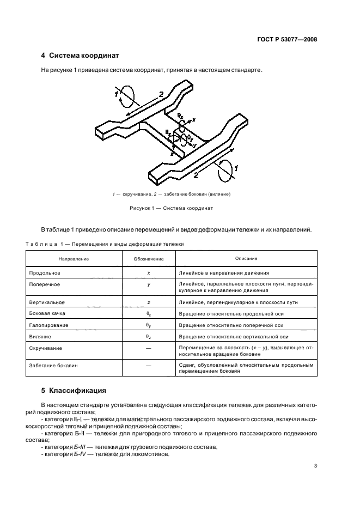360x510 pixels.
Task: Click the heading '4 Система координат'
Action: pyautogui.click(x=80, y=56)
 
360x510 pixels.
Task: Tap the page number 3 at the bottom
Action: pyautogui.click(x=316, y=466)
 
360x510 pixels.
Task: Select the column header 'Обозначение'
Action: pyautogui.click(x=149, y=259)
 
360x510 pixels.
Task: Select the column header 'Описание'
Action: pyautogui.click(x=246, y=258)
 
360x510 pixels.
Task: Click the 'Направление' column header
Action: pyautogui.click(x=74, y=259)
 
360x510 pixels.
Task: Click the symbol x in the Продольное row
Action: pyautogui.click(x=149, y=272)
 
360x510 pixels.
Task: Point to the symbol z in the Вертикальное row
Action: pyautogui.click(x=149, y=302)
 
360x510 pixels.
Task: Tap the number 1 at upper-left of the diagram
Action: pyautogui.click(x=116, y=94)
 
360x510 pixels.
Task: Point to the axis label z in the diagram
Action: pyautogui.click(x=172, y=154)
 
